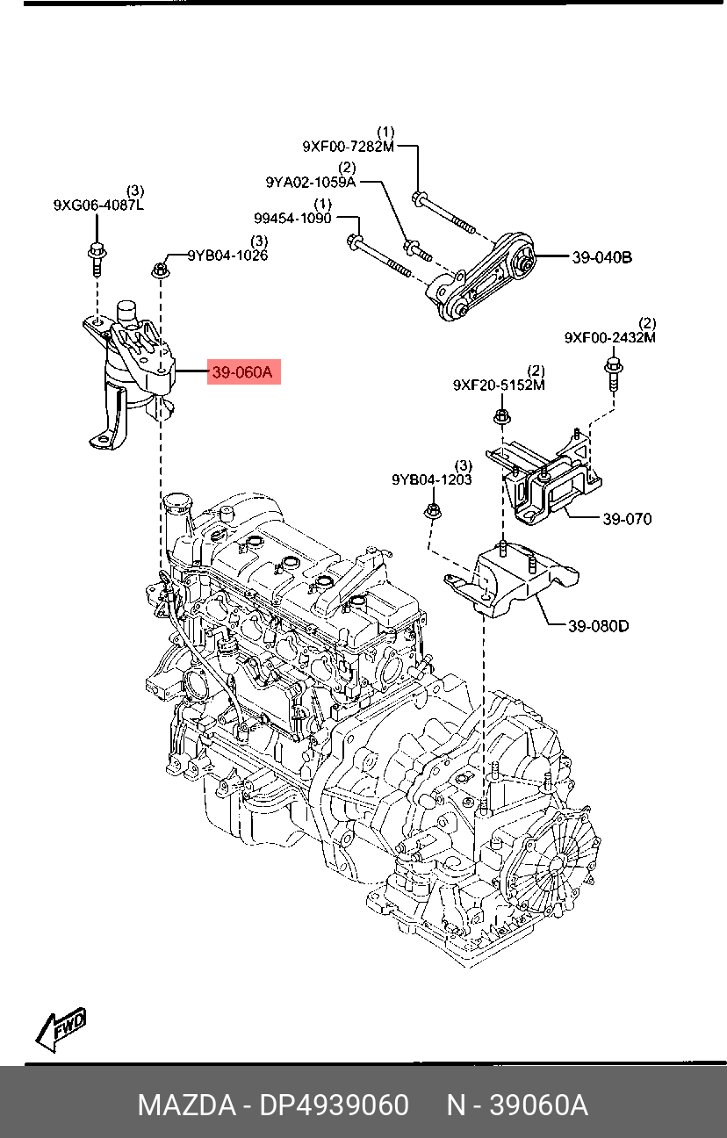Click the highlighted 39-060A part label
[x=243, y=372]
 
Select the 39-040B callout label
[x=602, y=257]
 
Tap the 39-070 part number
[x=627, y=519]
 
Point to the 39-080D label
[x=598, y=626]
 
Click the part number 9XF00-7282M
[x=349, y=147]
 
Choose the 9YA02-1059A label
[x=311, y=182]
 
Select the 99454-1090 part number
[x=292, y=219]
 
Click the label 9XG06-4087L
[x=98, y=205]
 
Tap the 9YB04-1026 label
[x=227, y=255]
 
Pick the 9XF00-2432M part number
[x=610, y=337]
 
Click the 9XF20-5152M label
[x=499, y=385]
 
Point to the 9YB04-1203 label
[x=432, y=479]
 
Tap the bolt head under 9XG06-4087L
[x=96, y=251]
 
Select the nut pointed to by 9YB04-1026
[x=161, y=270]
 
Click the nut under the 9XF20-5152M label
[x=502, y=416]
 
